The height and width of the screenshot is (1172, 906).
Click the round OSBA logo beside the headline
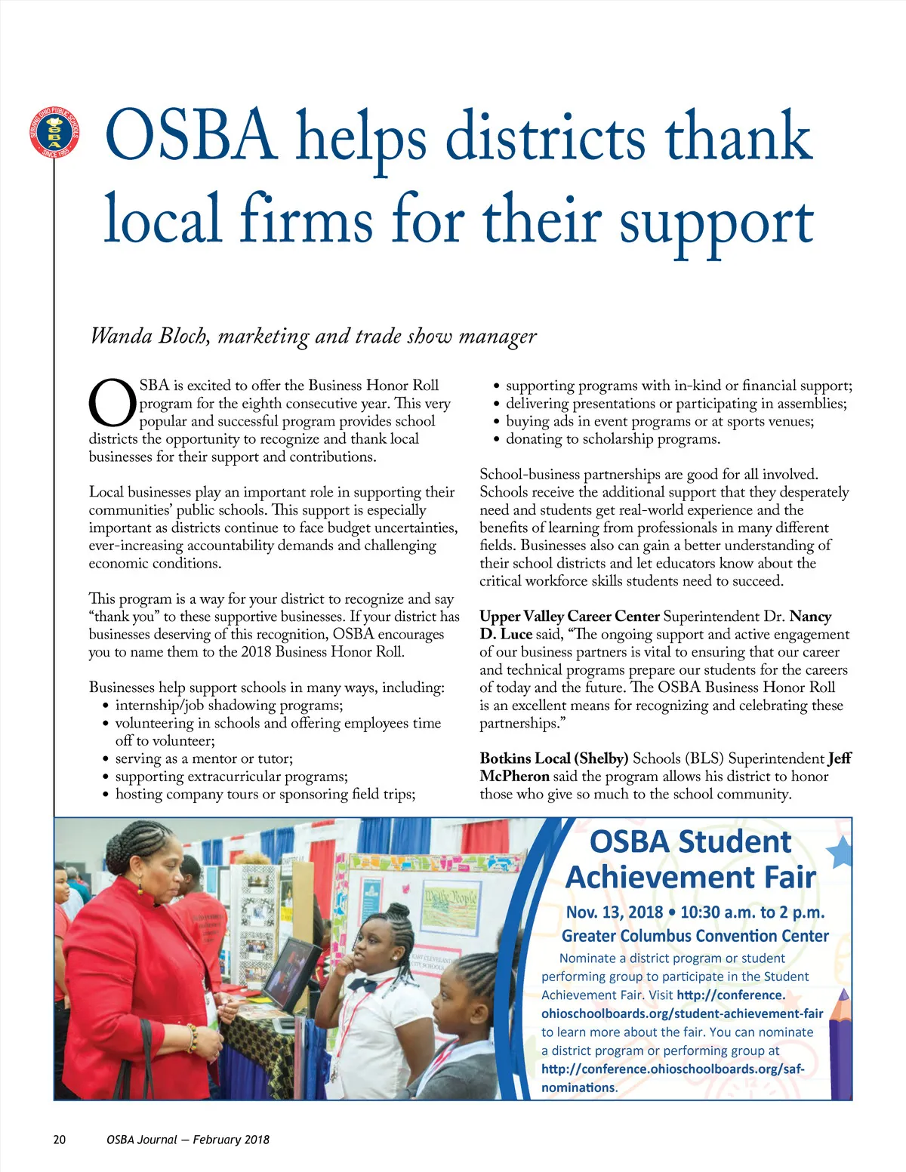(x=54, y=133)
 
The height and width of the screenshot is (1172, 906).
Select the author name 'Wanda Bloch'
(x=149, y=336)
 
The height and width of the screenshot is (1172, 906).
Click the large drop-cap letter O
(x=112, y=404)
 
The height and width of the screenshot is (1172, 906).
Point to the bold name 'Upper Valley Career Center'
(x=569, y=617)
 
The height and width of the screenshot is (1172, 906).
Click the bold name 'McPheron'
(x=514, y=777)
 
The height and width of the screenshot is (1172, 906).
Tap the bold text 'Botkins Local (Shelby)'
(x=553, y=758)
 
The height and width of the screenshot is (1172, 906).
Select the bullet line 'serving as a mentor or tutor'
(x=203, y=758)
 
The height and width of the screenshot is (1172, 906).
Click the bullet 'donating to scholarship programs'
(x=612, y=439)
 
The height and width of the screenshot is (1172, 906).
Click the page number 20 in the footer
(x=60, y=1140)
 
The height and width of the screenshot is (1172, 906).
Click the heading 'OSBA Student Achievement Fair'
(x=690, y=860)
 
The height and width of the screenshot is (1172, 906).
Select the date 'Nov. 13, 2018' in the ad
(x=614, y=912)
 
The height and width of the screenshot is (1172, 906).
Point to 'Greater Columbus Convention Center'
(x=695, y=937)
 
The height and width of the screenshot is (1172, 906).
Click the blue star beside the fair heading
(x=840, y=853)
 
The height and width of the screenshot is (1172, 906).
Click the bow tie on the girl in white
(x=362, y=985)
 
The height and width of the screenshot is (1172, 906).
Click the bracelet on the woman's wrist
(x=193, y=1038)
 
